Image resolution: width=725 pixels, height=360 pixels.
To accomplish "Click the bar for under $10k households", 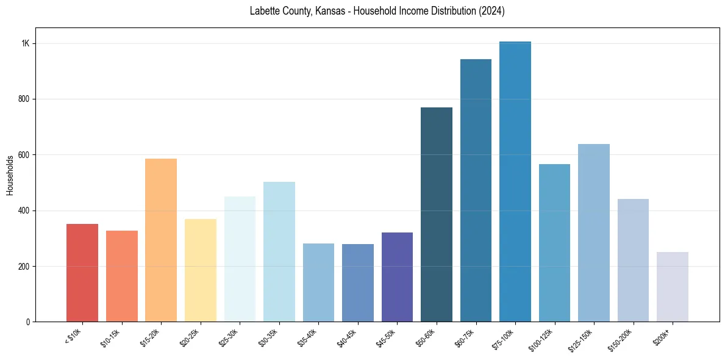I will [x=82, y=273].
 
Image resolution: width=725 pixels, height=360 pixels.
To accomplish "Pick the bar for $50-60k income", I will [x=437, y=214].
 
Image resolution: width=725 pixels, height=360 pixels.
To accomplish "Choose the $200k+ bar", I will [x=673, y=287].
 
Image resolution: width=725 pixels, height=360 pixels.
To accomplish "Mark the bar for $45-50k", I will [x=397, y=277].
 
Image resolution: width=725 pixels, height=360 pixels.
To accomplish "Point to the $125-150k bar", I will [x=594, y=232].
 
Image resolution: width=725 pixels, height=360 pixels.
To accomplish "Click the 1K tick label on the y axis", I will [x=26, y=44].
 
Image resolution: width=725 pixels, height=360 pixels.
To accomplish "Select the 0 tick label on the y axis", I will [x=29, y=322].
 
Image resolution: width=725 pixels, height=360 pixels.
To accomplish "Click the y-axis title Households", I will [x=10, y=175].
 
